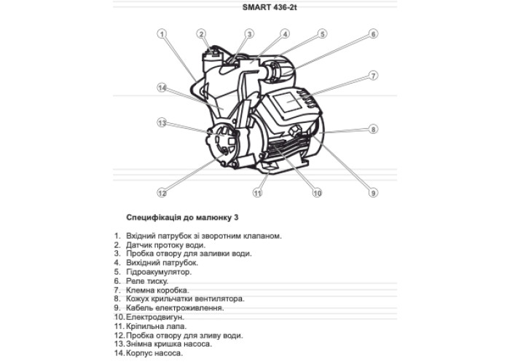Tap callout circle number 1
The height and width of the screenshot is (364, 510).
pyautogui.click(x=162, y=33)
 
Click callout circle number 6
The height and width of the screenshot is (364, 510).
pyautogui.click(x=372, y=33)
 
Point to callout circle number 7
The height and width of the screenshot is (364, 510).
pyautogui.click(x=372, y=75)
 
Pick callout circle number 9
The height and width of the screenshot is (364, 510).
pyautogui.click(x=372, y=193)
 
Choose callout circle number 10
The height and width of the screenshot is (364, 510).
pyautogui.click(x=317, y=193)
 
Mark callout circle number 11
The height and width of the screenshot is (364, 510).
pyautogui.click(x=257, y=193)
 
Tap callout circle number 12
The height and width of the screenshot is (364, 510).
pyautogui.click(x=162, y=193)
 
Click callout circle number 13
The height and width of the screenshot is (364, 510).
pyautogui.click(x=162, y=122)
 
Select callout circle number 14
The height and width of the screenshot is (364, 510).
pyautogui.click(x=162, y=87)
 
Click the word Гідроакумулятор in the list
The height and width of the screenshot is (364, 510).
pyautogui.click(x=158, y=272)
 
